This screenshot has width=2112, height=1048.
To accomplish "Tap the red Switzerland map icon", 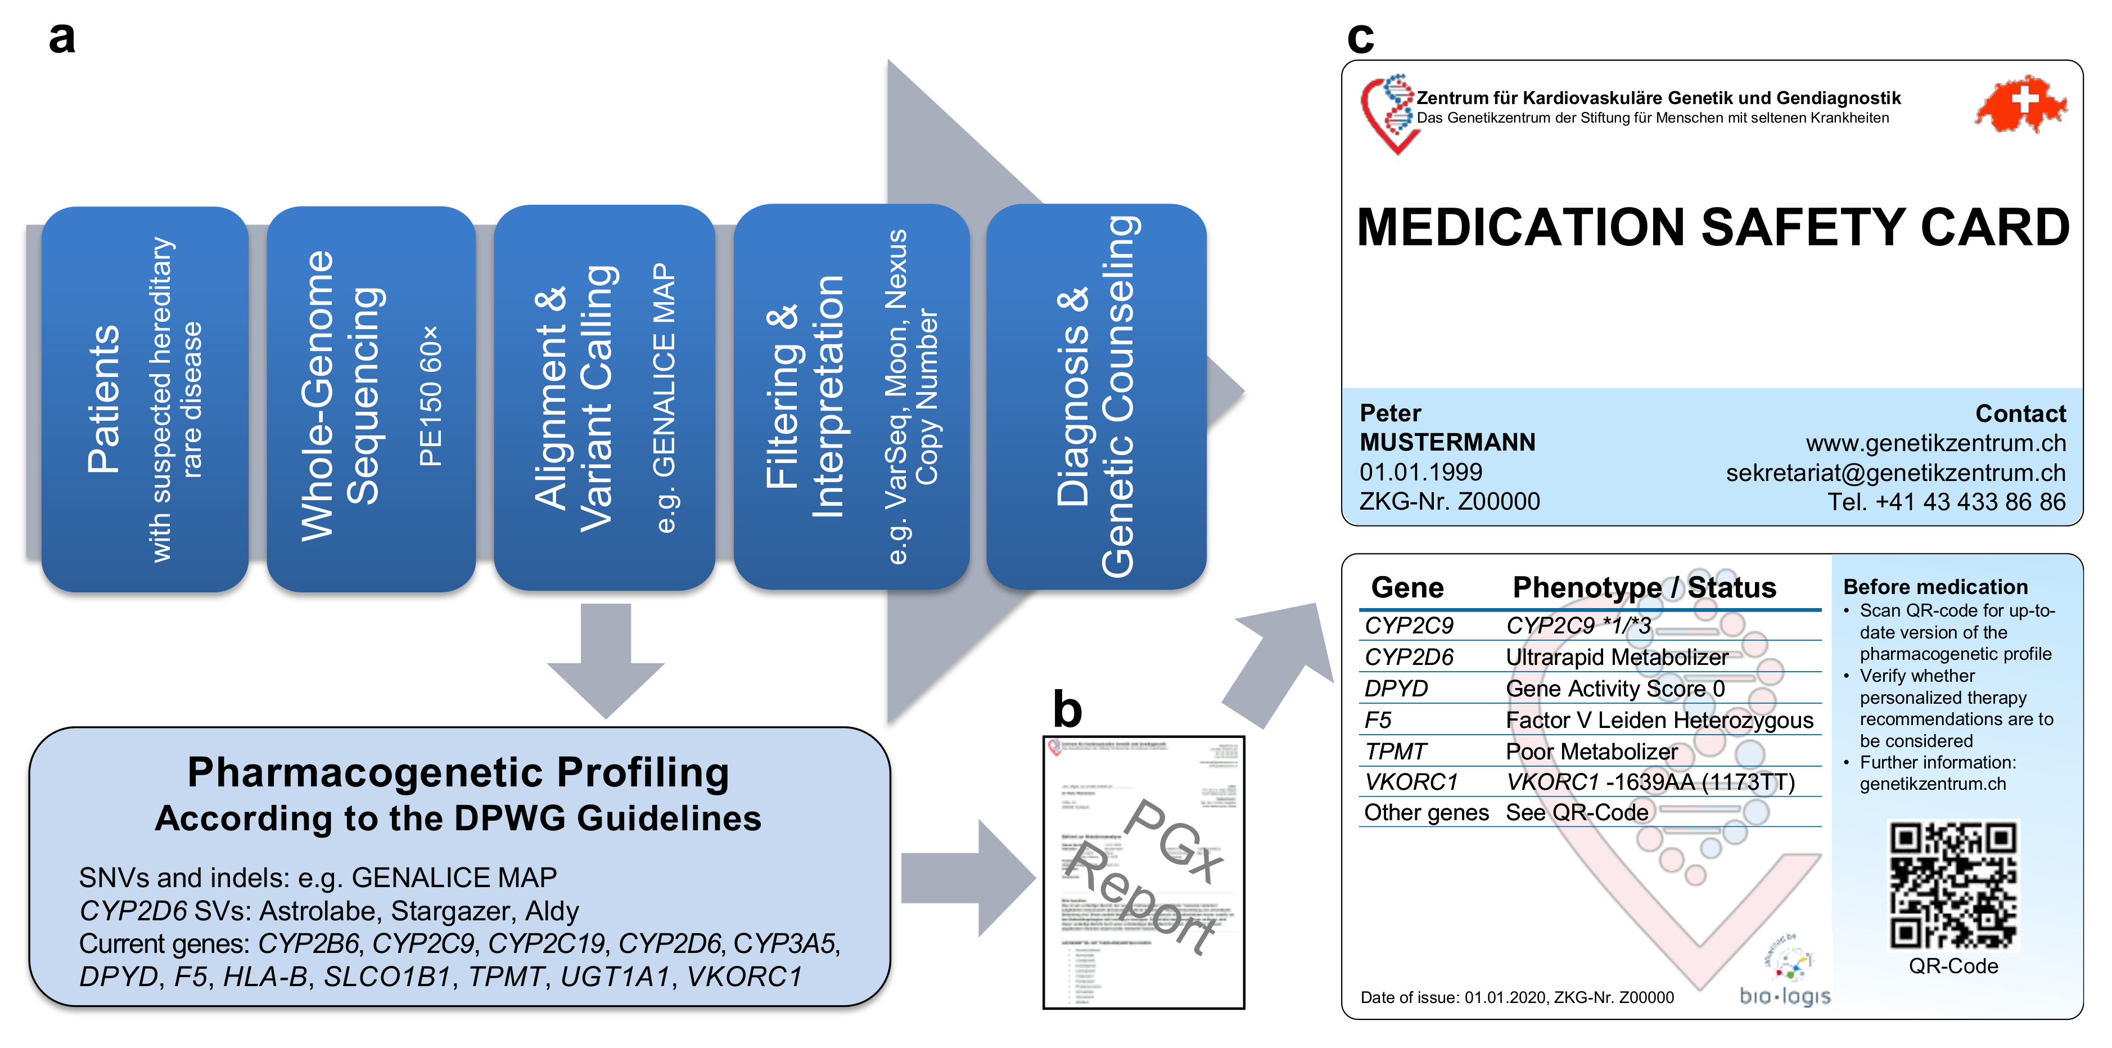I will pyautogui.click(x=2020, y=104).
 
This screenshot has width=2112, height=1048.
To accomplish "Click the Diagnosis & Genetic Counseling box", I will pyautogui.click(x=1095, y=398).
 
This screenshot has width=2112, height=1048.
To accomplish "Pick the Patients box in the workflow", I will pyautogui.click(x=145, y=399).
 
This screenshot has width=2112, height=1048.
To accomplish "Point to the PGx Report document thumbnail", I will pyautogui.click(x=1143, y=872).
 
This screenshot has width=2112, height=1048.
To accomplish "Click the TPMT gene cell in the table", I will pyautogui.click(x=1396, y=751).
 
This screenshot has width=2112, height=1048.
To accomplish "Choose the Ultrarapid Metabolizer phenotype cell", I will pyautogui.click(x=1617, y=658).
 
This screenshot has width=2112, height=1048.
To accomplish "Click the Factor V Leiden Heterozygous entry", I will pyautogui.click(x=1659, y=720).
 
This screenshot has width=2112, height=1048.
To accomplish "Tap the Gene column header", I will pyautogui.click(x=1407, y=588).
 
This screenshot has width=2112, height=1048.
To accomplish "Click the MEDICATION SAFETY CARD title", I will pyautogui.click(x=1712, y=227).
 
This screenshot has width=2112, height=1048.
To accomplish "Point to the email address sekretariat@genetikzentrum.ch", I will pyautogui.click(x=1896, y=473).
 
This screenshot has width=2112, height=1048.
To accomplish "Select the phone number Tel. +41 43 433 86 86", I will pyautogui.click(x=1946, y=502).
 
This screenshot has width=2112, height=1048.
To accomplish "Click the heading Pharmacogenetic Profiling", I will pyautogui.click(x=458, y=772).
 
